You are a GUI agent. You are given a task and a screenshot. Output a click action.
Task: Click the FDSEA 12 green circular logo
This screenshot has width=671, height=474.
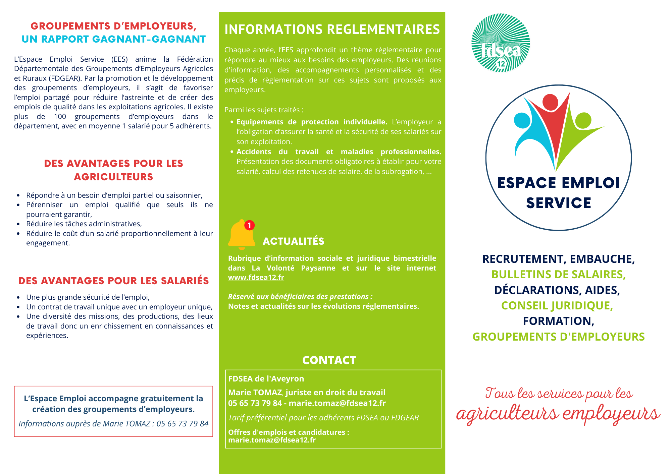(501, 43)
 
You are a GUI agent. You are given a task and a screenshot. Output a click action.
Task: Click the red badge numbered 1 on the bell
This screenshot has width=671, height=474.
(249, 225)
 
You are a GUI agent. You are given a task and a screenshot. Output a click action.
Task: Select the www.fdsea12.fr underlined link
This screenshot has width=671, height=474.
(256, 278)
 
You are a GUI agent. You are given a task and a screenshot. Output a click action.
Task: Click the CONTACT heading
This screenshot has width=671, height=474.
(329, 360)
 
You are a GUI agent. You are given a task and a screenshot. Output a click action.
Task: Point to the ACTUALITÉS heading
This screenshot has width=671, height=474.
(293, 241)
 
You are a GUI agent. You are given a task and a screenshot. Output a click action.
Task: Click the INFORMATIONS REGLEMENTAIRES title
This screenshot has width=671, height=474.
(332, 29)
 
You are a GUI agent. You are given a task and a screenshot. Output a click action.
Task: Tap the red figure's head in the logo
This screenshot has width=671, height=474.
(550, 102)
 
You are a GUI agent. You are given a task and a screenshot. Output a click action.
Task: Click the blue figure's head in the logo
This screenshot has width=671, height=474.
(522, 120)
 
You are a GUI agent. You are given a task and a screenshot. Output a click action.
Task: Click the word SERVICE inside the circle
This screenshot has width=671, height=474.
(558, 203)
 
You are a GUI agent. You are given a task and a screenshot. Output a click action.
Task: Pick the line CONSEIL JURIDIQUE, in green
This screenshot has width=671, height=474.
(557, 305)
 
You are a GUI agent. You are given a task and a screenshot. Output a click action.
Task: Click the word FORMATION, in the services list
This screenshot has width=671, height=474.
(558, 321)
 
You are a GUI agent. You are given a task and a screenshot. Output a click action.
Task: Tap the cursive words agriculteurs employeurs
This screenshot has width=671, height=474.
(558, 413)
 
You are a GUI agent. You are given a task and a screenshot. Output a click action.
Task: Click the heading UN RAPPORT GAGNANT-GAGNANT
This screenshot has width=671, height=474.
(113, 39)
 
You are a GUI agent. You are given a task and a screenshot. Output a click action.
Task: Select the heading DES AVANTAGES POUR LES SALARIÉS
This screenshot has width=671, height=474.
(113, 281)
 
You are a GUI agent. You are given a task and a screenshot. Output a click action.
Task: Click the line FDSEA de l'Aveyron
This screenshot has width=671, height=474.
(266, 379)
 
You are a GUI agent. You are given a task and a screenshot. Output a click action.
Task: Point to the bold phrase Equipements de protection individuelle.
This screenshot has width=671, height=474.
(312, 122)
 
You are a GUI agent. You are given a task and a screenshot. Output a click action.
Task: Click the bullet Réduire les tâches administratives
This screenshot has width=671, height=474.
(84, 224)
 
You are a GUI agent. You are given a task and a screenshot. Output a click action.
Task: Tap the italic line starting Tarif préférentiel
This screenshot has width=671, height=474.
(323, 418)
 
